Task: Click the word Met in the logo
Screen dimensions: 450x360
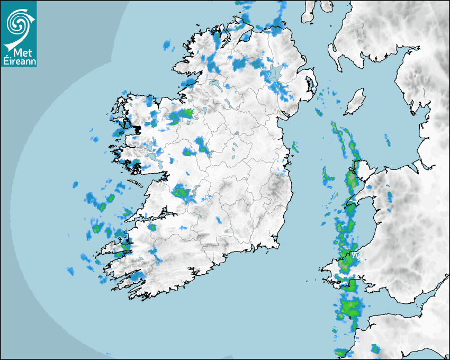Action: click(19, 52)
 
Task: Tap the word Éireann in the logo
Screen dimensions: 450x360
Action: click(19, 61)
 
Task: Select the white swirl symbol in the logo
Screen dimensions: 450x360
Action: click(19, 23)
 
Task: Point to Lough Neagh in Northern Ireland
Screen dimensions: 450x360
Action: click(275, 74)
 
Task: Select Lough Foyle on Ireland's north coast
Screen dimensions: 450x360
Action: click(246, 37)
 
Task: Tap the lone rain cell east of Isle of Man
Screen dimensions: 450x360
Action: click(387, 140)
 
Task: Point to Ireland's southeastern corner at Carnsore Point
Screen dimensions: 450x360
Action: click(275, 244)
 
